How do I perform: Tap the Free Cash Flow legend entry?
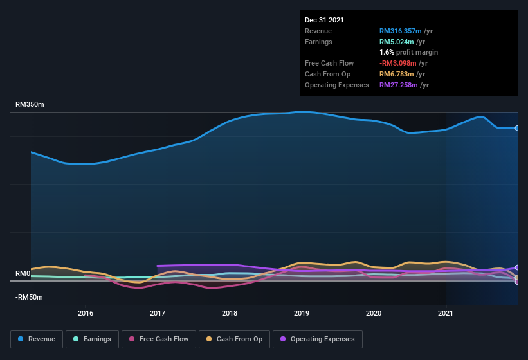click(x=158, y=339)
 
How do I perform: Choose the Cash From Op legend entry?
click(x=234, y=339)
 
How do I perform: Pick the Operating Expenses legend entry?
click(x=317, y=339)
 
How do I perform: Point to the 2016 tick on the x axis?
click(x=86, y=313)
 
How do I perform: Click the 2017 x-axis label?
click(x=158, y=313)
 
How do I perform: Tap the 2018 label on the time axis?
click(x=230, y=313)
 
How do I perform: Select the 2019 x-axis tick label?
click(x=302, y=313)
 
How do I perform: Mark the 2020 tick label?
click(x=374, y=313)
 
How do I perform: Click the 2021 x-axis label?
click(x=446, y=313)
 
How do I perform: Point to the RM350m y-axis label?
click(x=30, y=104)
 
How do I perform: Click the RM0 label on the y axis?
click(x=23, y=273)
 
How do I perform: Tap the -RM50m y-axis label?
click(x=29, y=297)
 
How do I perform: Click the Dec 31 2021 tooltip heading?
click(x=324, y=20)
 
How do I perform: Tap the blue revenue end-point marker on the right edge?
click(x=516, y=128)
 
